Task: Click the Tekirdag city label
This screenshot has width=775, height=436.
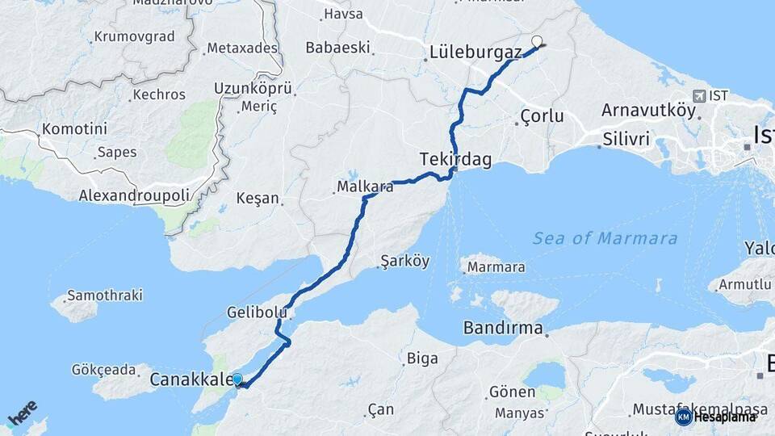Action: [x=455, y=159]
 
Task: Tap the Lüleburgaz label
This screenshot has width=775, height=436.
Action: [x=475, y=52]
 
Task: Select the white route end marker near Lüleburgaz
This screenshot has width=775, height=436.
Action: [x=537, y=41]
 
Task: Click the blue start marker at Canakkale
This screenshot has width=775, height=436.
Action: [x=237, y=379]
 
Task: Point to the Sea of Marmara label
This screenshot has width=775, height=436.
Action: [x=605, y=238]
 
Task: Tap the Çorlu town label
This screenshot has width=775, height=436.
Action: [x=542, y=115]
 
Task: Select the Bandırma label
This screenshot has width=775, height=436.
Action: [x=502, y=329]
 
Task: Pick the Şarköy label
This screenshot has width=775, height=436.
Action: [x=406, y=262]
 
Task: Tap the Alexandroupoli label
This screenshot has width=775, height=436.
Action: [x=134, y=195]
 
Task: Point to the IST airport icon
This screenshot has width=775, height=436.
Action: [x=697, y=95]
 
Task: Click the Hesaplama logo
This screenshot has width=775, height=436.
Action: [x=715, y=417]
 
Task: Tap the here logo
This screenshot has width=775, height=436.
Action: [x=23, y=413]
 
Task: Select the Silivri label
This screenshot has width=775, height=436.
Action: [x=626, y=139]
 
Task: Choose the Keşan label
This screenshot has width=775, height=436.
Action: [x=258, y=198]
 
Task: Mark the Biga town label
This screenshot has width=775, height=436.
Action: [x=423, y=358]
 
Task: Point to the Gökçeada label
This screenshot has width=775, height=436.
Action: [x=104, y=370]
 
